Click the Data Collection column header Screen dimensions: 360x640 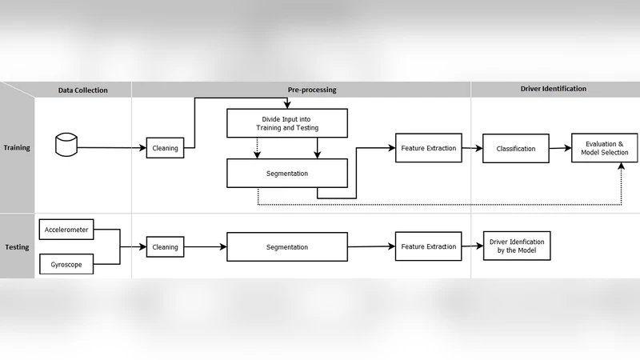click(x=82, y=90)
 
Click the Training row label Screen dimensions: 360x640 click(x=17, y=148)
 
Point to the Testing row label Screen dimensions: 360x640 click(x=17, y=246)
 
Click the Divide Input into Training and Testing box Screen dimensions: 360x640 click(x=287, y=123)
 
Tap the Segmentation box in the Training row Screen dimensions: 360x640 click(x=287, y=173)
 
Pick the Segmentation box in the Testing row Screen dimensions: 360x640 click(x=287, y=247)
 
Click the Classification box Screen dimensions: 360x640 click(x=516, y=149)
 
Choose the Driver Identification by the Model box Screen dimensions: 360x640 click(x=516, y=246)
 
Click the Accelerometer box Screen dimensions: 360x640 click(x=66, y=230)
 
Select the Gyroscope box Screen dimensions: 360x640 click(x=66, y=262)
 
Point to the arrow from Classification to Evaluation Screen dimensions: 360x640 click(x=560, y=149)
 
